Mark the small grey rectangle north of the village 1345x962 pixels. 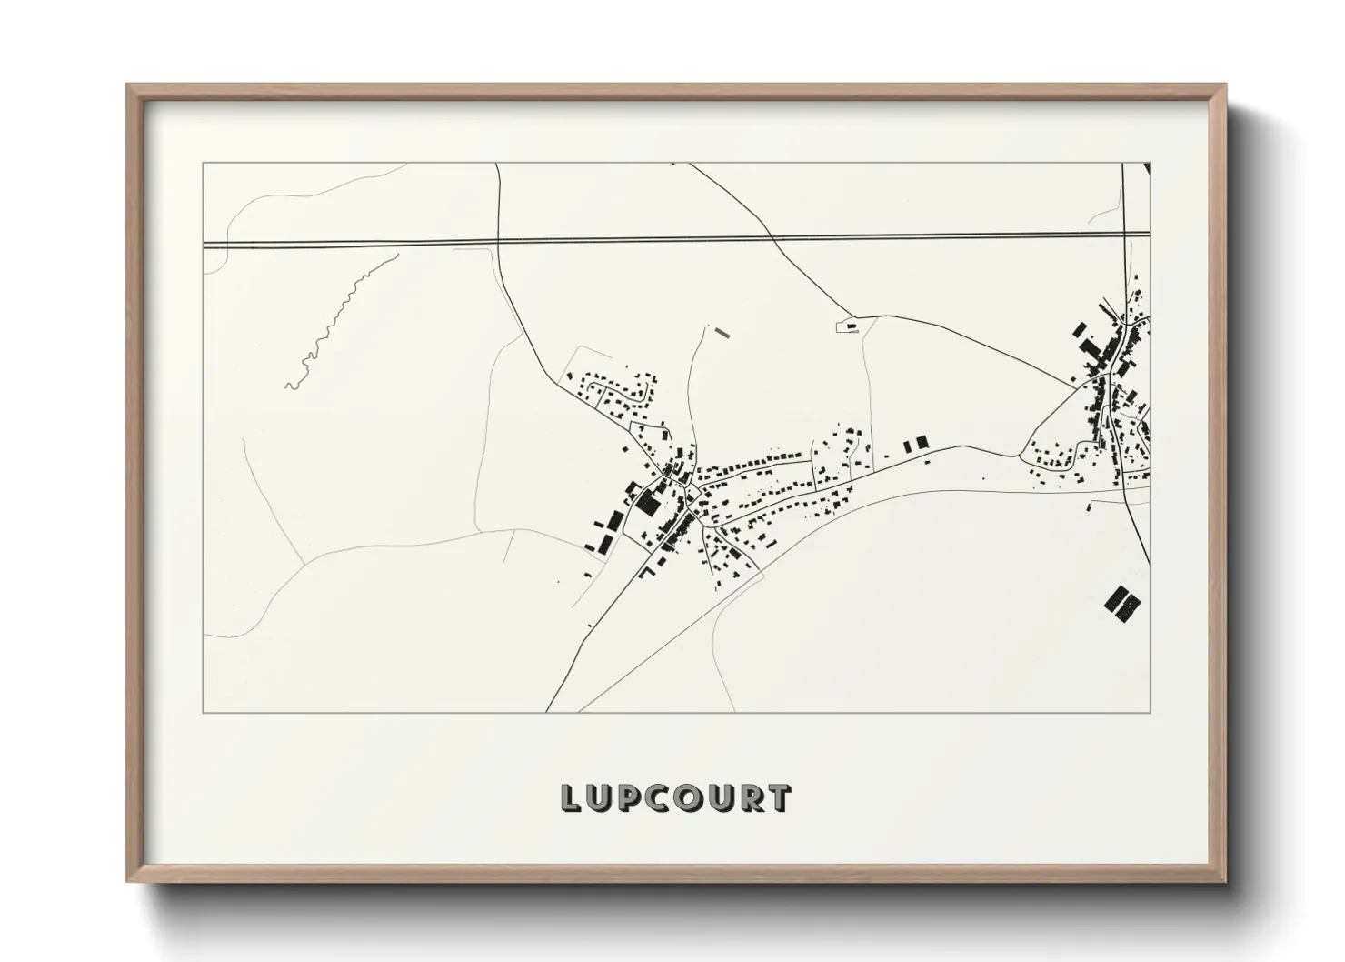click(723, 332)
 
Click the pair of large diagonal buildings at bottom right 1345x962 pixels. click(1121, 602)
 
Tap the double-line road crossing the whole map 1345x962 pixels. click(636, 241)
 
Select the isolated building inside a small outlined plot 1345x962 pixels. click(852, 325)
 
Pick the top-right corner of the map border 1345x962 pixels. click(1150, 164)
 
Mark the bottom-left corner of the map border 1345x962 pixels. click(203, 712)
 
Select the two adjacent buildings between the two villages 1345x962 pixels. click(916, 443)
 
